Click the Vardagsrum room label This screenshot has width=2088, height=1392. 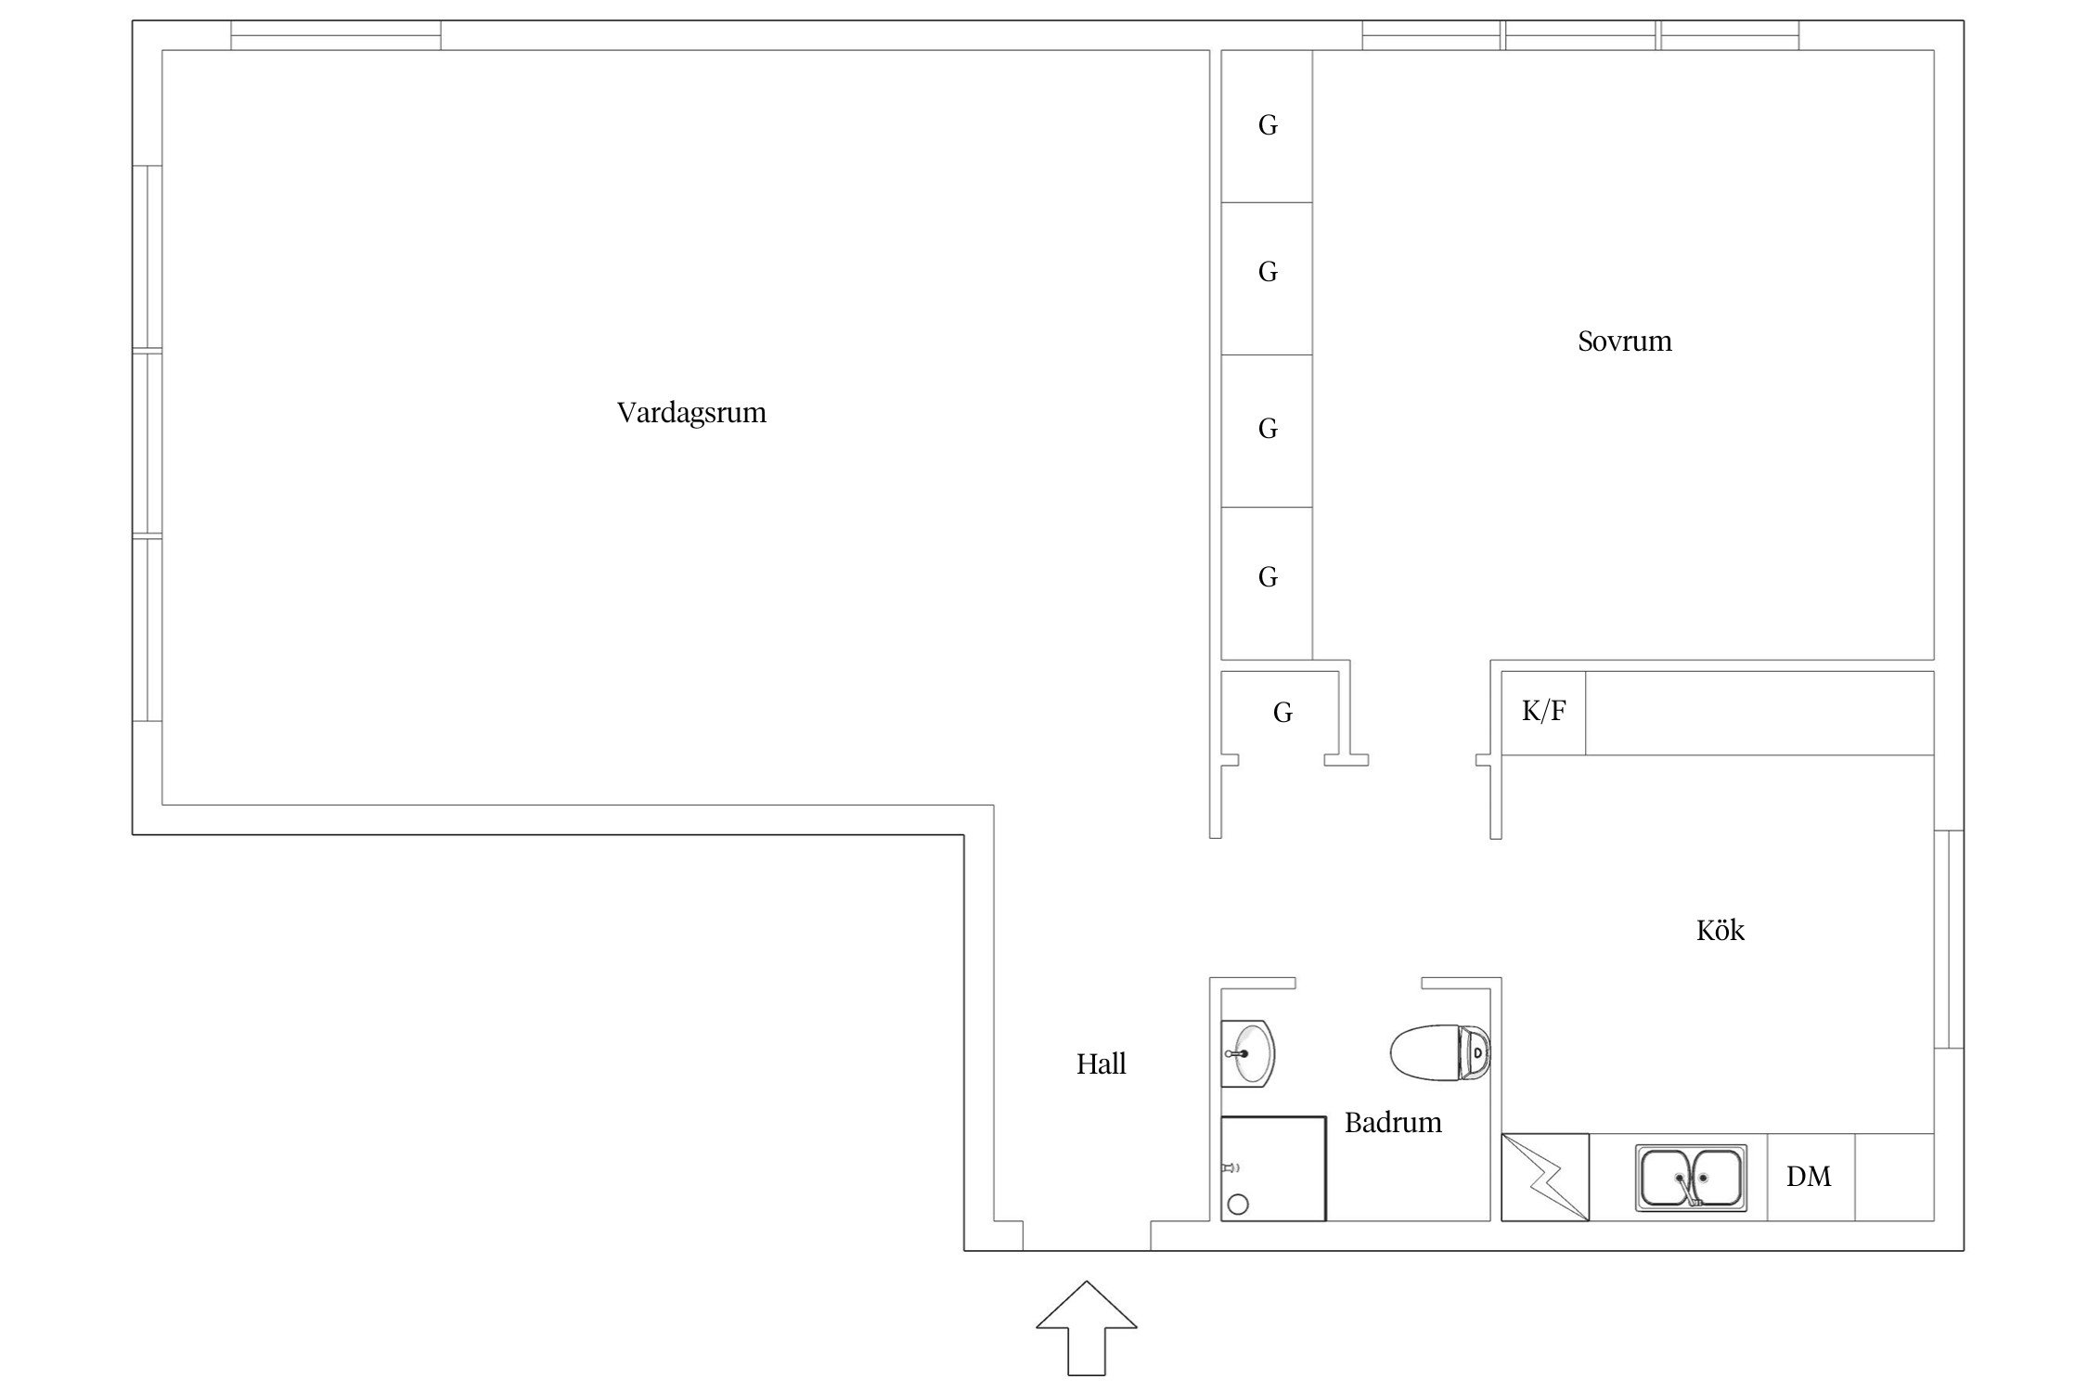(691, 412)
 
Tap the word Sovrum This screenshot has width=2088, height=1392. (1625, 342)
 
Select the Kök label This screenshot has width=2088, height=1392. (1720, 930)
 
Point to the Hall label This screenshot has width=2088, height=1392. (1101, 1063)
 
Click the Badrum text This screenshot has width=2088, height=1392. (1393, 1123)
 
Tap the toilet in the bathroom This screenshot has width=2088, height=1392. (1440, 1052)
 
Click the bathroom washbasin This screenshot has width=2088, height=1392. (1248, 1053)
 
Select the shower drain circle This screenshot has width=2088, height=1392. (1238, 1205)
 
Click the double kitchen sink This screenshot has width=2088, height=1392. (1690, 1178)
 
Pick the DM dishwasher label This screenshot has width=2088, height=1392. (1809, 1177)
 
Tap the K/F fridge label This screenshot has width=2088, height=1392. (1544, 711)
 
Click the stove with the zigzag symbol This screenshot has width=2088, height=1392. (1545, 1177)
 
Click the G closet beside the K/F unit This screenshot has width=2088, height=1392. (1282, 713)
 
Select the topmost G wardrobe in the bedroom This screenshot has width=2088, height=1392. (1268, 125)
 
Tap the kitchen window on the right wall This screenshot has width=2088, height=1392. (1949, 939)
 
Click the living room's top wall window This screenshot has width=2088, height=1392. (336, 35)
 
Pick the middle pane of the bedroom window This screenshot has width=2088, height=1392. (1580, 35)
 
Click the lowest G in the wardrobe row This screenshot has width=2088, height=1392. (1268, 577)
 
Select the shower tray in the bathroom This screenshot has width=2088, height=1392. (1273, 1168)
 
